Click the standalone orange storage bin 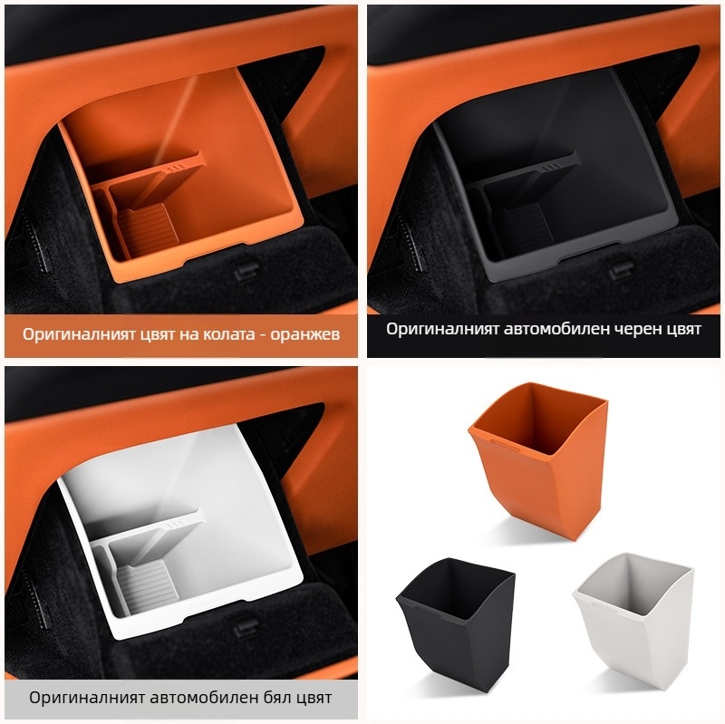coord(538,460)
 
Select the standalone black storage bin coord(456,622)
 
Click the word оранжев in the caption coord(305,334)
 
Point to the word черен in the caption coord(631,329)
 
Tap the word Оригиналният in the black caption coord(442,329)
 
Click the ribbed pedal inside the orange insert coord(148,229)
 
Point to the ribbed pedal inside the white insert coord(147,584)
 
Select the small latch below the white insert coord(246,627)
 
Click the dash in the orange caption coord(263,335)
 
